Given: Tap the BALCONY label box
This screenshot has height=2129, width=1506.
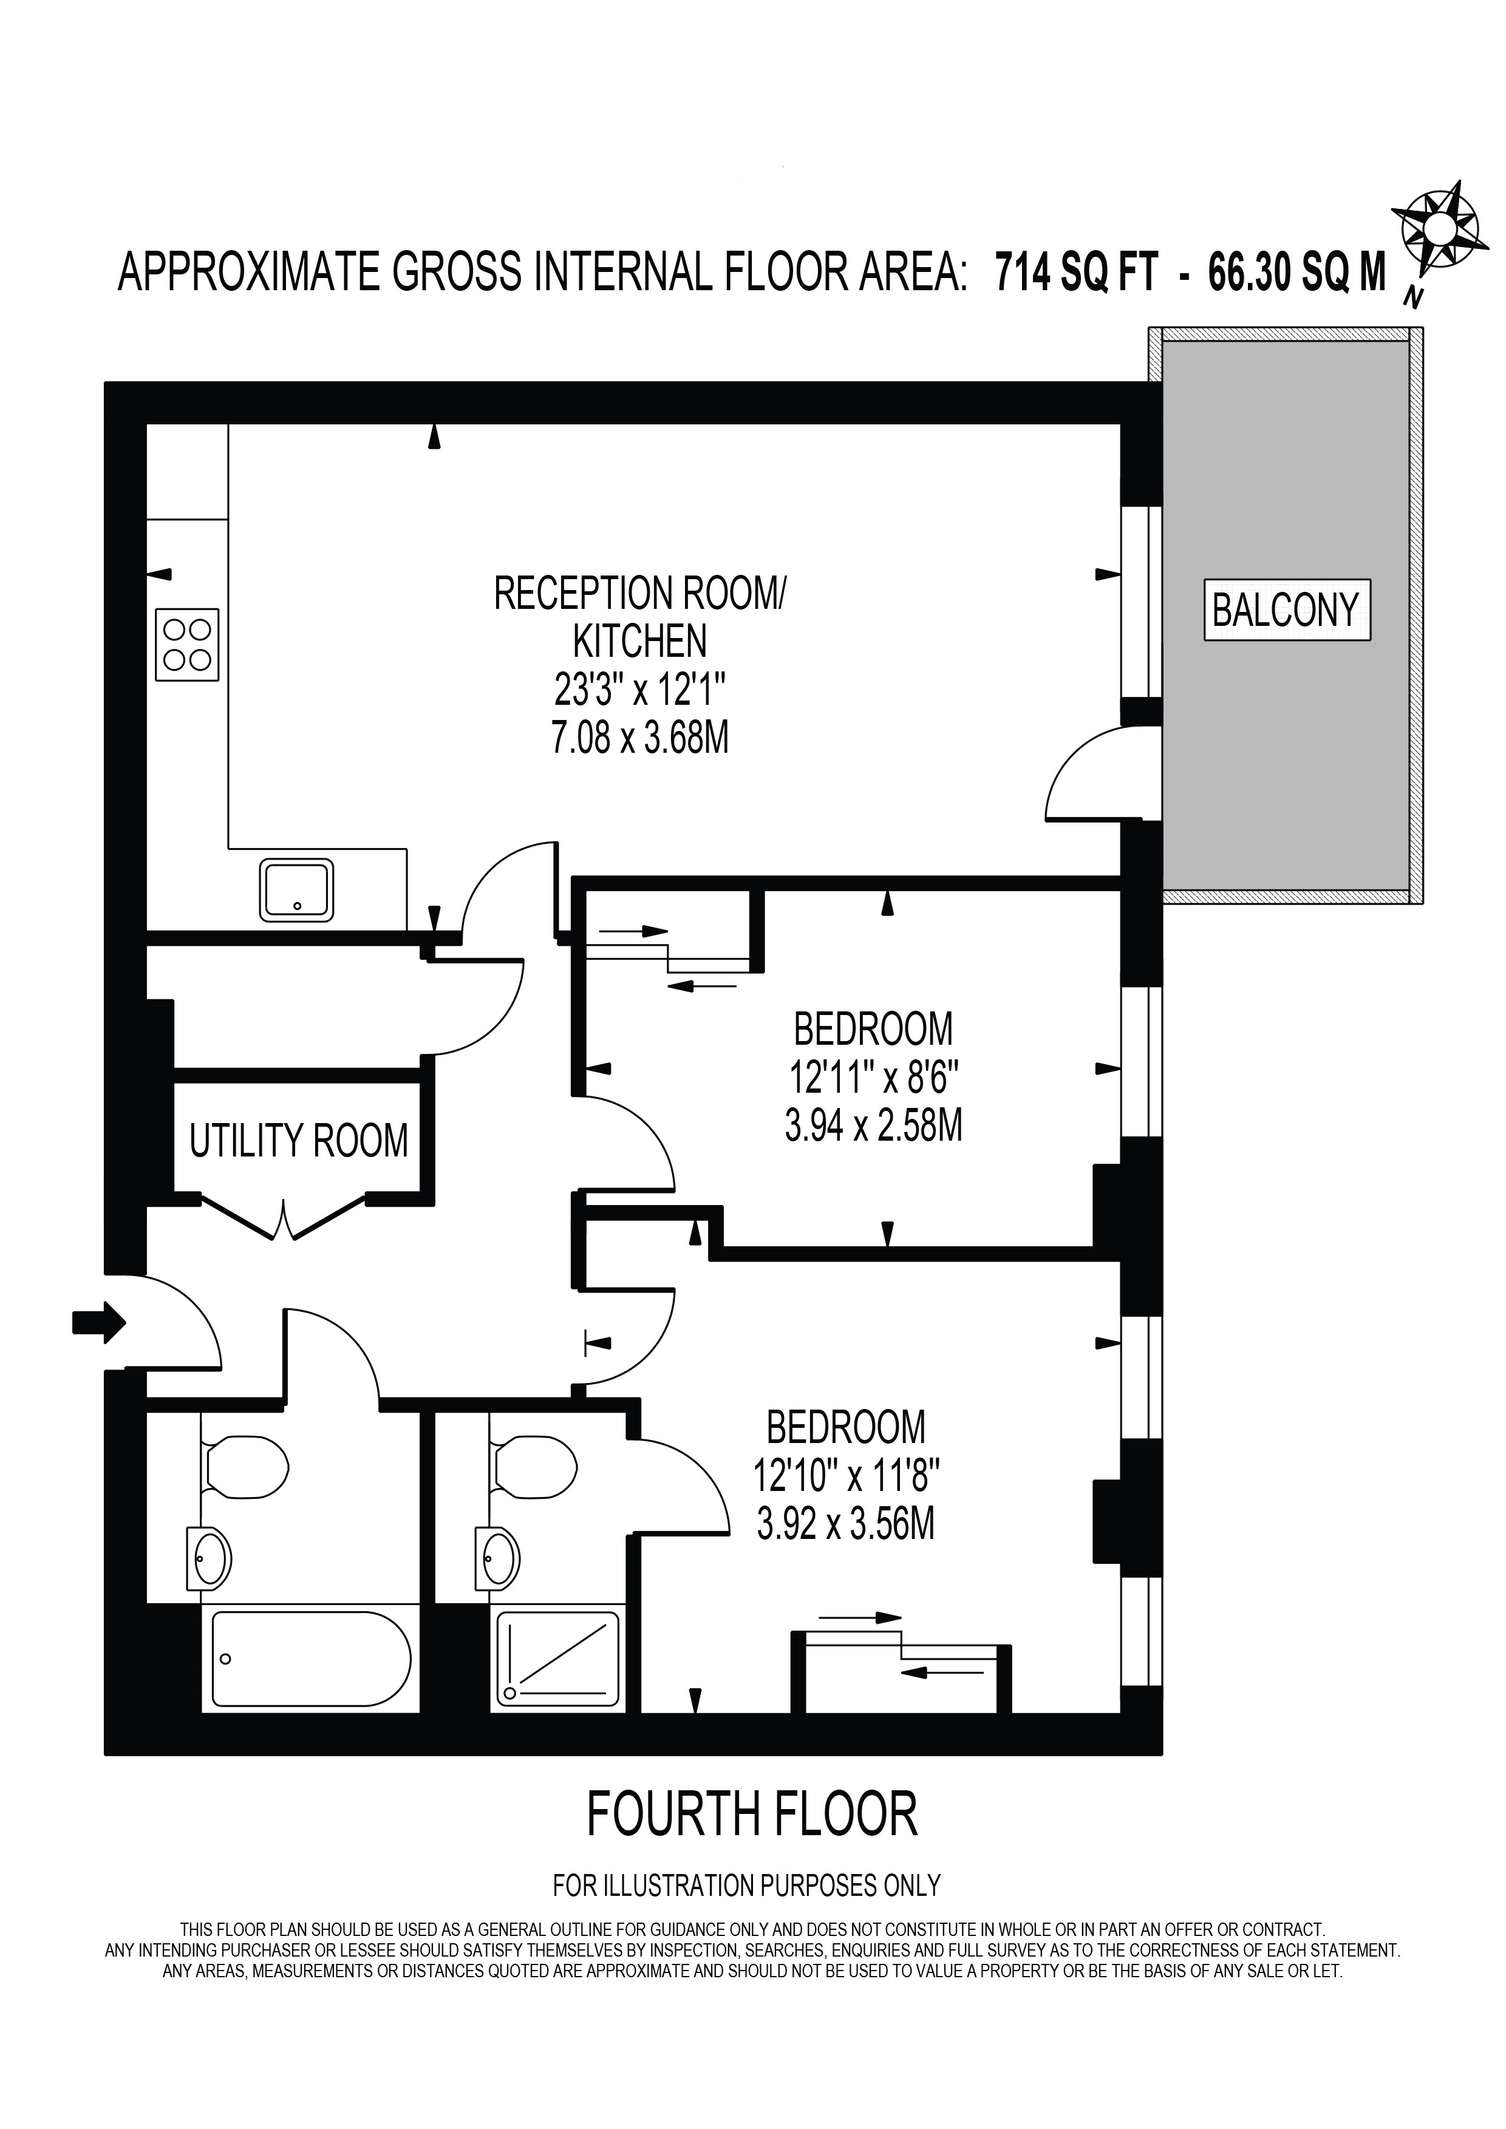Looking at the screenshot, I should (1286, 609).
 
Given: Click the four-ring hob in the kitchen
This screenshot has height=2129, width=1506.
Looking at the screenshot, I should (187, 645).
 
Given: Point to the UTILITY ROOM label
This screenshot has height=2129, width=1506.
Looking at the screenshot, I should (299, 1141).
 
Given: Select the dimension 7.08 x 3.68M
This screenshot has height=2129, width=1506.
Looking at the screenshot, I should (640, 739).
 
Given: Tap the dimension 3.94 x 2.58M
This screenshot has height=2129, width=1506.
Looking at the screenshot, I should (874, 1126).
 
